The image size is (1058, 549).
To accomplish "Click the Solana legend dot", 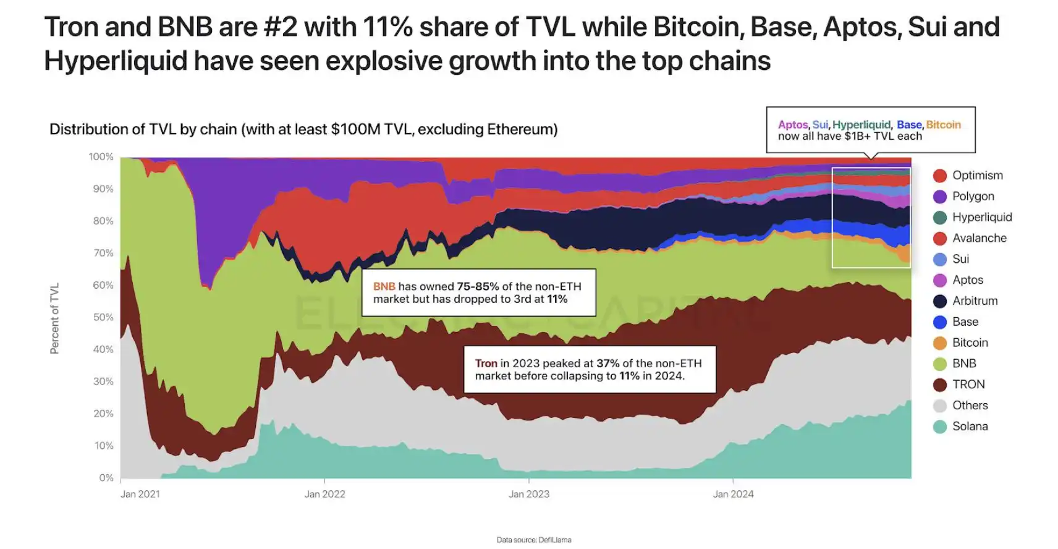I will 939,427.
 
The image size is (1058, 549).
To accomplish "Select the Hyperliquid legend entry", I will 981,217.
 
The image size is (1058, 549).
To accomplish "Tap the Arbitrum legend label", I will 975,301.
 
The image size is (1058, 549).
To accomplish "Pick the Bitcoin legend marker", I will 939,343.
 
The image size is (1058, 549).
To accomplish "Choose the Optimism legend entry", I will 977,176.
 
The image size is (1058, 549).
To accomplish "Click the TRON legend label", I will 968,385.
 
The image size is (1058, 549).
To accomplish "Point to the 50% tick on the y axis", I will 103,317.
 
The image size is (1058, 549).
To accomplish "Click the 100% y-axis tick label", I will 101,157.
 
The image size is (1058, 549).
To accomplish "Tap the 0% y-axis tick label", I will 106,478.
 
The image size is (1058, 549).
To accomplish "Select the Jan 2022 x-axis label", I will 324,494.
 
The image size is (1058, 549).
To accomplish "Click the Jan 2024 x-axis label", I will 733,494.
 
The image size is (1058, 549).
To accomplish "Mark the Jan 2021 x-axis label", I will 140,494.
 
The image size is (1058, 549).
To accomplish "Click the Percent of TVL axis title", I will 54,318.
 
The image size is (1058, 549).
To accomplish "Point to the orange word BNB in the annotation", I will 384,286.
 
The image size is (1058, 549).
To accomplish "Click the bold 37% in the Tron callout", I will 607,364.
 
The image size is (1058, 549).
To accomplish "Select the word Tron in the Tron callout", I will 486,364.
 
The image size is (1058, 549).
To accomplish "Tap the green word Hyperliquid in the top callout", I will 861,125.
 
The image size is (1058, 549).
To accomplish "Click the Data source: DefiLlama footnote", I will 534,540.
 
